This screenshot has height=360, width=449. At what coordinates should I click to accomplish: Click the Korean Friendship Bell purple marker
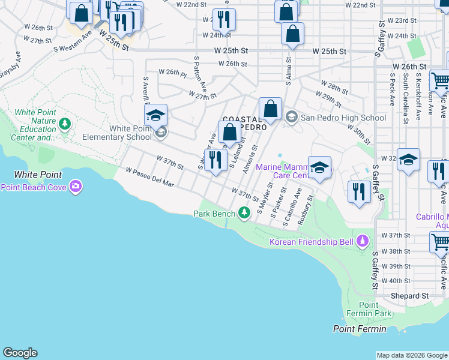[362, 242]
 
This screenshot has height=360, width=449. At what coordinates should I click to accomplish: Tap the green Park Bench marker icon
[244, 213]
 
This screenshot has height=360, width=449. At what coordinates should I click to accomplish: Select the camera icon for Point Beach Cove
[76, 187]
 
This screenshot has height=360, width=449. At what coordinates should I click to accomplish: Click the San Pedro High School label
[343, 118]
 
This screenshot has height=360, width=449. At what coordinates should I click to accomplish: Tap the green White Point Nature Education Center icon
[65, 124]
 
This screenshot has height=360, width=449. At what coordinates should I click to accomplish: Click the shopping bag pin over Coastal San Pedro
[271, 109]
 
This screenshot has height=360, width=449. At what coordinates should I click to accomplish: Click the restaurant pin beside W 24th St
[224, 19]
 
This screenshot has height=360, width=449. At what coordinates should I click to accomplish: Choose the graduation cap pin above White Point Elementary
[155, 115]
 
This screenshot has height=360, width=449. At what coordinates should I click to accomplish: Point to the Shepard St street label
[411, 296]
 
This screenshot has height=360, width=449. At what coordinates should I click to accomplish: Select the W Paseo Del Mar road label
[150, 178]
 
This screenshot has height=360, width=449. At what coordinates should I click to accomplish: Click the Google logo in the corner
[20, 353]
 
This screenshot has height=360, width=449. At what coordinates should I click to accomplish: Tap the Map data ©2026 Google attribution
[412, 355]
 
